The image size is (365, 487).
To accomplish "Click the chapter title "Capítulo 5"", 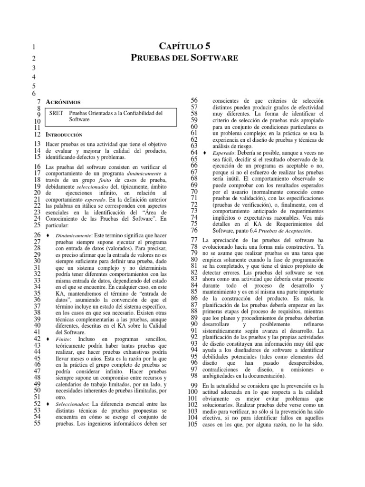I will (x=183, y=46).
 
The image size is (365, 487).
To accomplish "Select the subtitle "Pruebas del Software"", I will (x=183, y=58).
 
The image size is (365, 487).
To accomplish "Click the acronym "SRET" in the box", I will (x=57, y=113).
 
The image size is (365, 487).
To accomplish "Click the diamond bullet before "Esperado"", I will (x=204, y=153).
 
